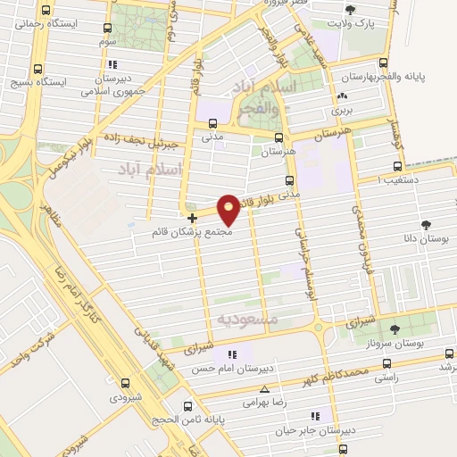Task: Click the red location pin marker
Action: (x=228, y=209)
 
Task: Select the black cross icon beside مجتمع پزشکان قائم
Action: (x=192, y=217)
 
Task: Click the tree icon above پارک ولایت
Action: (x=349, y=12)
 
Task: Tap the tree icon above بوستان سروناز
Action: (x=395, y=330)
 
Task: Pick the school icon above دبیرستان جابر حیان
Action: (x=315, y=416)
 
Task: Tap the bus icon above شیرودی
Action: (x=125, y=383)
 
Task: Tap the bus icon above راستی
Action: (x=386, y=363)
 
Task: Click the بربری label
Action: (x=343, y=111)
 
